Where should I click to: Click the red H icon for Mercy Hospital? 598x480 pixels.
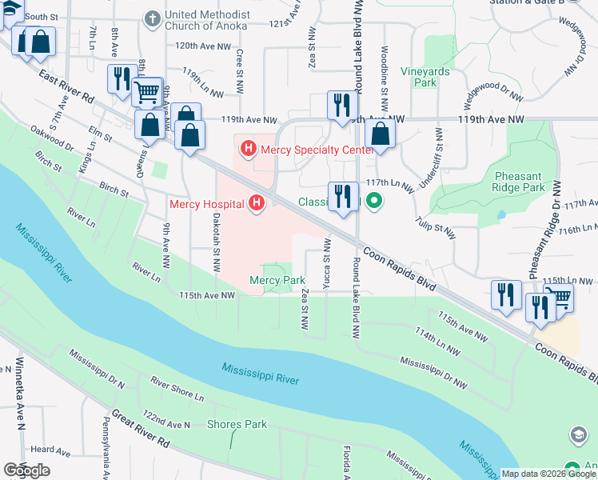coord(257,204)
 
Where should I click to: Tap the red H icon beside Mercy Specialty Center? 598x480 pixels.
coord(249,149)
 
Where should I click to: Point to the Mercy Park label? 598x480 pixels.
coord(277,281)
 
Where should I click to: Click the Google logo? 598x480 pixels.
coord(26,470)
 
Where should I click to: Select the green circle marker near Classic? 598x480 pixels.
coord(373,202)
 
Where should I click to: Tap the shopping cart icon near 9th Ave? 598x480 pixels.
coord(146,92)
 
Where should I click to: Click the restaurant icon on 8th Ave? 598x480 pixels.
coord(122,79)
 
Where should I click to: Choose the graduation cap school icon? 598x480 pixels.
coord(577,434)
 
